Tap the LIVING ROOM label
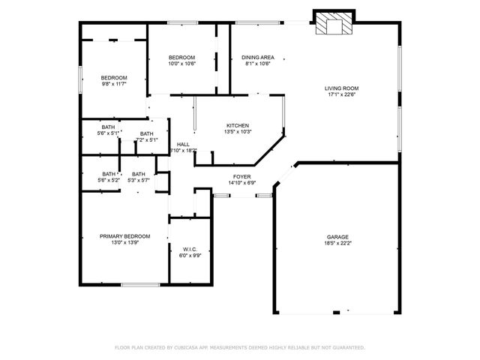pos(341,88)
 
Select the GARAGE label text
pos(337,237)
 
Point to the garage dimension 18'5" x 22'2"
pos(337,244)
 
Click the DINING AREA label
pos(257,58)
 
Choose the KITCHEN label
pos(238,125)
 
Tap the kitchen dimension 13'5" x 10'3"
pos(238,132)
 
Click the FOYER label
pos(241,176)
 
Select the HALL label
pos(183,144)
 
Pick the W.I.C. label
pos(189,248)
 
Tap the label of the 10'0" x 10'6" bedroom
pos(181,58)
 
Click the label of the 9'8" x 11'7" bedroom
pos(114,77)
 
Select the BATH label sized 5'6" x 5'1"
pos(109,127)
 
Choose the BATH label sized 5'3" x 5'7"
pos(139,174)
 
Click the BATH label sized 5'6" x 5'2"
pos(109,174)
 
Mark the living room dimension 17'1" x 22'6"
pos(341,94)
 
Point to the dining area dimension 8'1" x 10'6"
pos(257,64)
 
